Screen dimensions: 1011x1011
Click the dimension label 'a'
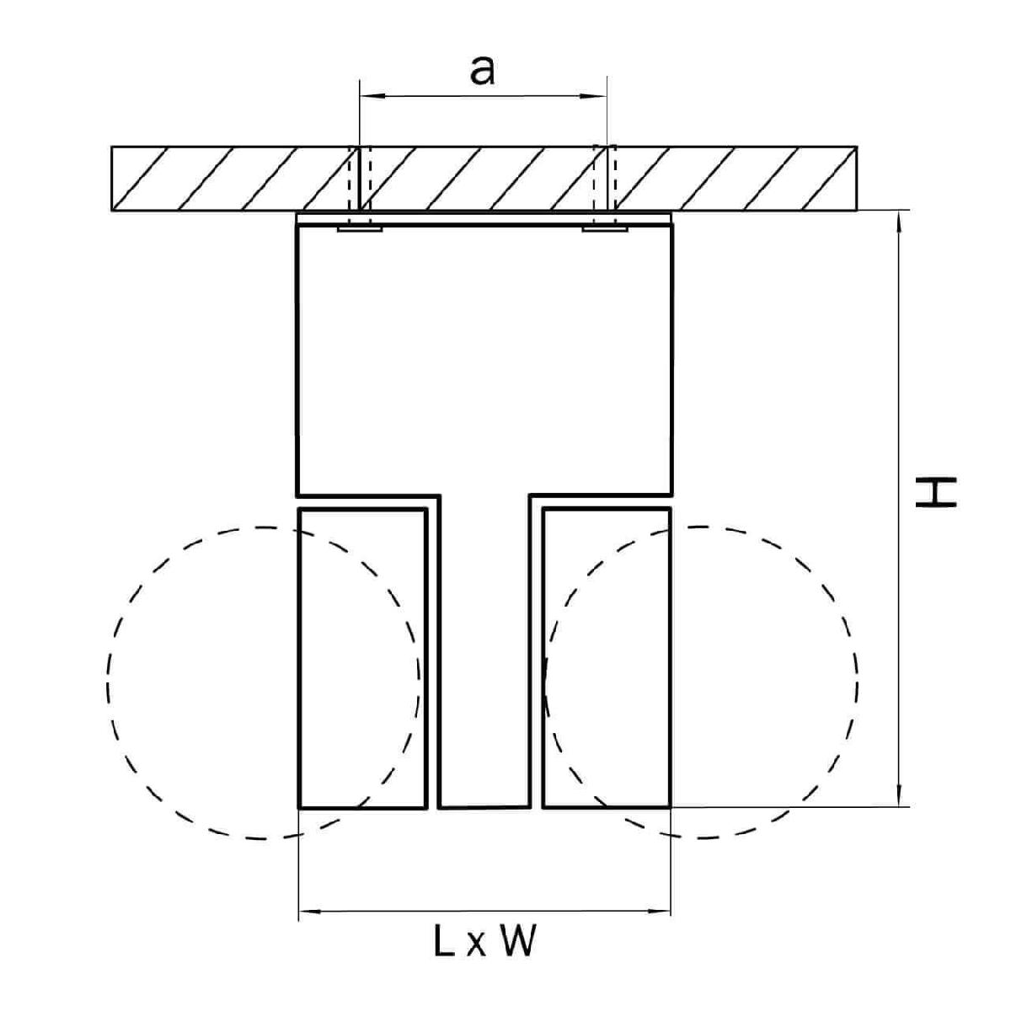(x=482, y=71)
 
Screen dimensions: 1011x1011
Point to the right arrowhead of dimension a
(x=593, y=96)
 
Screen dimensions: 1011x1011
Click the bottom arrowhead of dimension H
(x=900, y=792)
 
